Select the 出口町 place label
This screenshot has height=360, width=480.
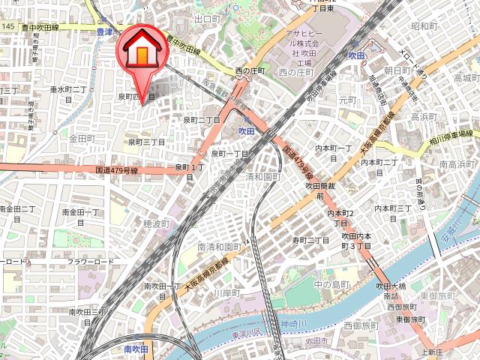205,18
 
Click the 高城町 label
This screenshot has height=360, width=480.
466,78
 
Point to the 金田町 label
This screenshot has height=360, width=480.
82,139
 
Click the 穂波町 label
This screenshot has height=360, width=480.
157,223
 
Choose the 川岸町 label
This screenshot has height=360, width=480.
224,292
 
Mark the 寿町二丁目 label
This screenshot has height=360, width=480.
310,240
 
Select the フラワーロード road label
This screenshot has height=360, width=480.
91,262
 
